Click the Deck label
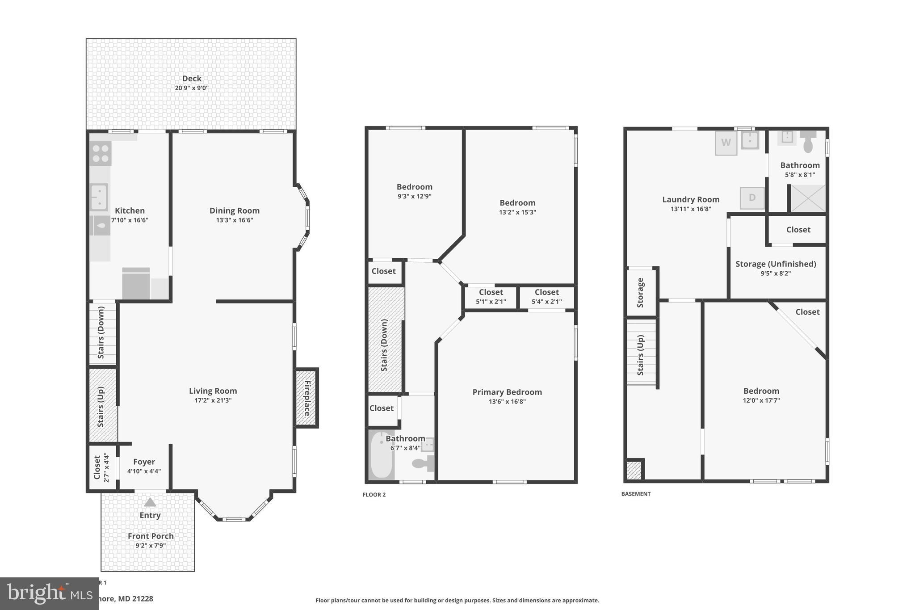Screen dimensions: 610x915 pos(192,79)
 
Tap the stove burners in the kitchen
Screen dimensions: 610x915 pos(101,153)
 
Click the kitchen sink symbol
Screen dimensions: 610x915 pos(99,197)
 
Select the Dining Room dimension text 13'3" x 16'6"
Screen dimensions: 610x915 pos(235,220)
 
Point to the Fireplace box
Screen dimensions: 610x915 pos(307,398)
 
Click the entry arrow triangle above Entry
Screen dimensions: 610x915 pos(150,502)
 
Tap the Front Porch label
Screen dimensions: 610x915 pos(151,536)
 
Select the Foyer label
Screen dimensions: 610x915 pos(144,462)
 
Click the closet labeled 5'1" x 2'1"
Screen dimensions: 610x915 pos(491,297)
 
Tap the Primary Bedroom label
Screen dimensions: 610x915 pos(507,392)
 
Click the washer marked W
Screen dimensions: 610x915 pos(726,143)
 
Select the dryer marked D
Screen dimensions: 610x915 pos(752,198)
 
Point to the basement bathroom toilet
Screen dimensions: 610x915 pos(808,142)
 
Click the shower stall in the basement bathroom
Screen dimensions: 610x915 pos(808,198)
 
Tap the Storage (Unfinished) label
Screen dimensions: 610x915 pos(776,264)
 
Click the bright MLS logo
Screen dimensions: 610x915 pos(49,593)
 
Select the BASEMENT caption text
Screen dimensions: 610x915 pos(636,494)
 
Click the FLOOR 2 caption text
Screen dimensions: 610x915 pos(374,494)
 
